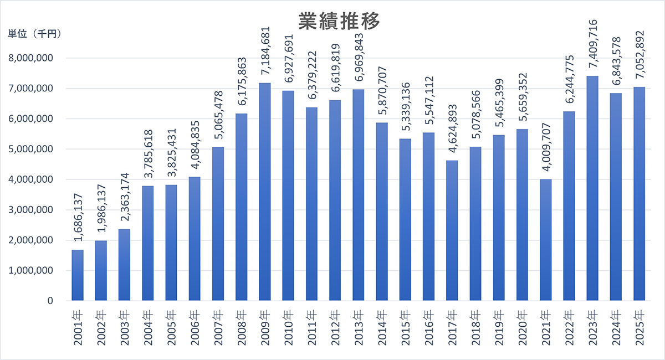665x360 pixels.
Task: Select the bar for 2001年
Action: point(78,275)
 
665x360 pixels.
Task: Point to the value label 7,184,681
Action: point(264,54)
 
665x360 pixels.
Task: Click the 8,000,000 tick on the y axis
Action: point(32,58)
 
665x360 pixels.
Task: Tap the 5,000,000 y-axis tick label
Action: point(32,149)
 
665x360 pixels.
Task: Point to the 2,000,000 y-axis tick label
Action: point(32,240)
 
